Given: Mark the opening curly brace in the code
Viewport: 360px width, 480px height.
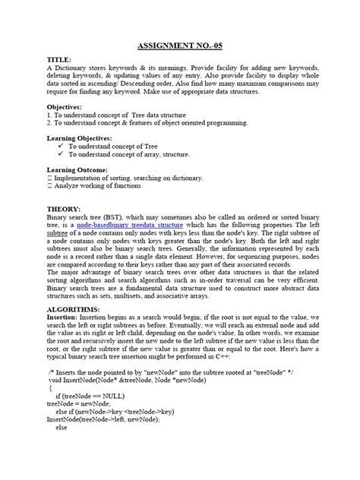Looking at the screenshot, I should coord(52,409).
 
